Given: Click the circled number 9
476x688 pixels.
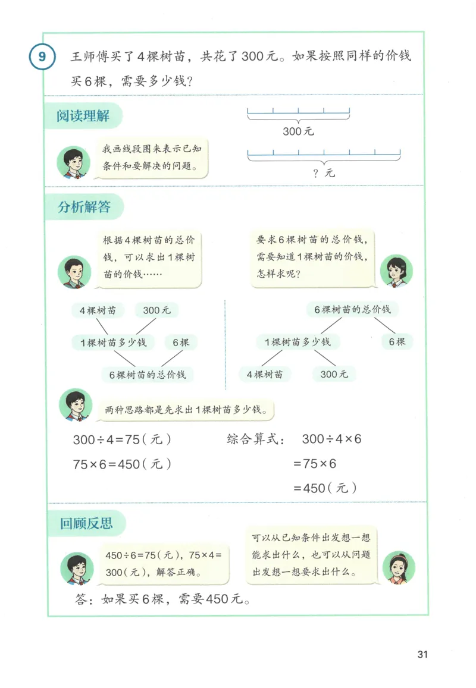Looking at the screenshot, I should (x=42, y=58).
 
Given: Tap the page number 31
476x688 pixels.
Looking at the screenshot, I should (x=423, y=654).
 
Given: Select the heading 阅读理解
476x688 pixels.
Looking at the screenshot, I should (x=83, y=115).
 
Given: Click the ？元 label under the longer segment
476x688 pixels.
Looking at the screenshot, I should (x=324, y=173).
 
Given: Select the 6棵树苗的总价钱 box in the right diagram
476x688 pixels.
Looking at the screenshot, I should (x=352, y=310).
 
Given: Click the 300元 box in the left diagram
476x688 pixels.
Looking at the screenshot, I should (x=156, y=310).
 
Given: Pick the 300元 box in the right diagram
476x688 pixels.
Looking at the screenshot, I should (x=334, y=374).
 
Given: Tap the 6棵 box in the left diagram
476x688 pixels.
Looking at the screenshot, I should (x=181, y=343).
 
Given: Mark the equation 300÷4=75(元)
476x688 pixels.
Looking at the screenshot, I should (x=122, y=440).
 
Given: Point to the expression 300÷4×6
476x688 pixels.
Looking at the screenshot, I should (x=331, y=439).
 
